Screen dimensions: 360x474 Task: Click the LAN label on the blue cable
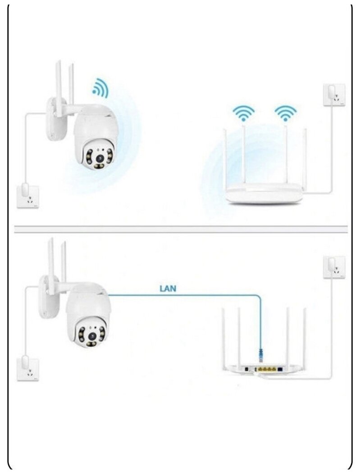point(168,288)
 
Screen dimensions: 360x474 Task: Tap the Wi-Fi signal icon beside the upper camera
point(100,88)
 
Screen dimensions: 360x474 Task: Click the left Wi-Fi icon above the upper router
point(243,113)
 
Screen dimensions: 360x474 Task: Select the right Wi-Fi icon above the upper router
point(286,113)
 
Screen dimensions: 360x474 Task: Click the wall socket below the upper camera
point(27,197)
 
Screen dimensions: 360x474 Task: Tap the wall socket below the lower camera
point(27,369)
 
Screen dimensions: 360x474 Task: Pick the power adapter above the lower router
point(334,267)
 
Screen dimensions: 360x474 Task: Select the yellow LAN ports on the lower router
point(267,370)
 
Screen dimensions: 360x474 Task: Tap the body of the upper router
point(263,194)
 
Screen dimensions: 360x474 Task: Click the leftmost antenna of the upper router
point(225,158)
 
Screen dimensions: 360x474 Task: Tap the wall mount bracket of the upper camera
point(53,118)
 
